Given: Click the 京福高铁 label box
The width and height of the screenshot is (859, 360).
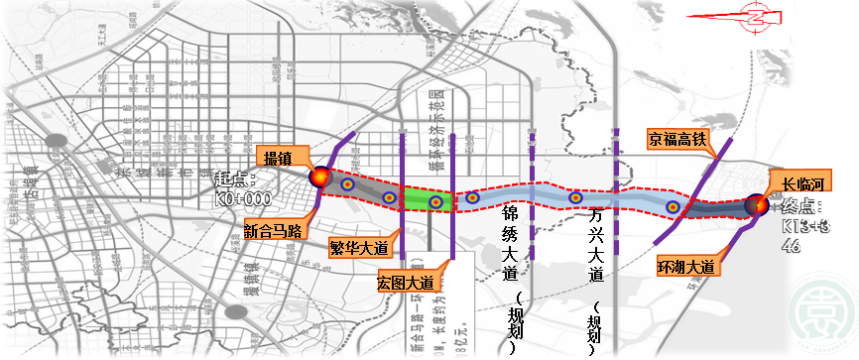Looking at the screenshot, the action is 677,138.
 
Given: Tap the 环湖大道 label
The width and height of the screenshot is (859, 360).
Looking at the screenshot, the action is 685,266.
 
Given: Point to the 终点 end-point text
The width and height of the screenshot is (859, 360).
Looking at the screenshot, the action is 803,207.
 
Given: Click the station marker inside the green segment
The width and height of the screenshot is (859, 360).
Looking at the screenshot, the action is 434,202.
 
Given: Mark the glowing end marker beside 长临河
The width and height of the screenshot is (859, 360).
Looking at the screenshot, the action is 758,205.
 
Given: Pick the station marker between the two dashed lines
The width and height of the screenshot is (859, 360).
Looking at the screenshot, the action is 575,198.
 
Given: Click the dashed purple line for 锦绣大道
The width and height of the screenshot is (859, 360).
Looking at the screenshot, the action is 532,159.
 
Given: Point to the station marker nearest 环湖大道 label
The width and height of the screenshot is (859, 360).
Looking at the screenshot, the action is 673,207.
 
